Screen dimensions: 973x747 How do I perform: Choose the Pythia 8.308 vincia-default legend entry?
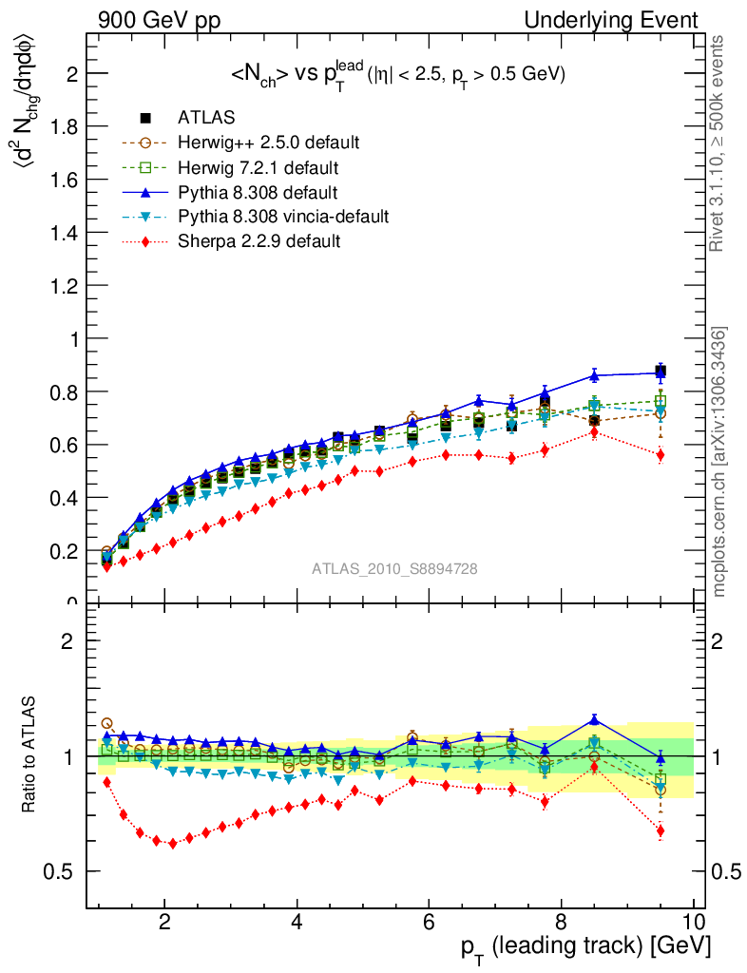click(282, 217)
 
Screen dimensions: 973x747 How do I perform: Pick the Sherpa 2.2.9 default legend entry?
click(259, 241)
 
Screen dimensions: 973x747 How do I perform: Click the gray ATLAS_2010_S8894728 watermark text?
click(394, 569)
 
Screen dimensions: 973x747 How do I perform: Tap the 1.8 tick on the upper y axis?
click(66, 126)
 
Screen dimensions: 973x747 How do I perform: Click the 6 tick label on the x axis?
click(429, 923)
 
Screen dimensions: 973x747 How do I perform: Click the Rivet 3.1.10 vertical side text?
click(719, 143)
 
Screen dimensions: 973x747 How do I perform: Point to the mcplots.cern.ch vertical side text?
click(719, 463)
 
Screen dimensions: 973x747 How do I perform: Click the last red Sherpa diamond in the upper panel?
click(661, 455)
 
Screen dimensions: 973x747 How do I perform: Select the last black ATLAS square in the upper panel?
click(661, 371)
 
